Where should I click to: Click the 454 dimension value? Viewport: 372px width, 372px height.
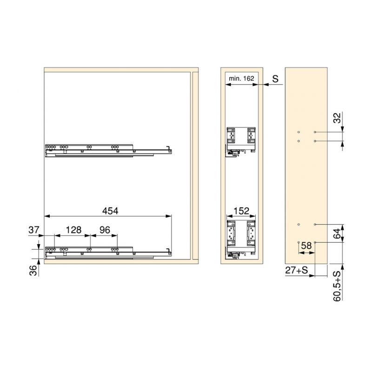click(110, 211)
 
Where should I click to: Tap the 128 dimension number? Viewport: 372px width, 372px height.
click(73, 230)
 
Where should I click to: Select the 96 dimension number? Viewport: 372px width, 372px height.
click(105, 230)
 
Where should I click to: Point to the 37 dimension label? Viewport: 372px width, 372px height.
click(33, 230)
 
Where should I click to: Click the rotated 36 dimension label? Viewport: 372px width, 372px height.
click(33, 271)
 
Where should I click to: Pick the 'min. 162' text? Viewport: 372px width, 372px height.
click(241, 78)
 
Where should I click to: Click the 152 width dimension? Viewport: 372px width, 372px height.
click(241, 211)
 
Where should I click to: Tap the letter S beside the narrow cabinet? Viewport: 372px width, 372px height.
click(275, 79)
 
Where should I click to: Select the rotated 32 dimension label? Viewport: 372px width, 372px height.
click(337, 118)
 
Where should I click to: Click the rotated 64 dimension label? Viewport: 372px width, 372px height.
click(337, 234)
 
